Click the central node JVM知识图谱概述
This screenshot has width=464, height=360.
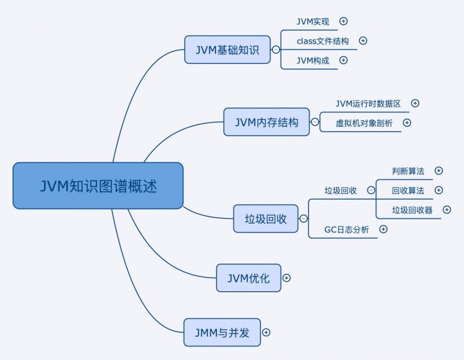tap(98, 186)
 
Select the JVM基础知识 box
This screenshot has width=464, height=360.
tap(227, 50)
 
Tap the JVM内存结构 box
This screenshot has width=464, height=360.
tap(266, 122)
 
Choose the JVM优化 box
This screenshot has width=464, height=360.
tap(248, 278)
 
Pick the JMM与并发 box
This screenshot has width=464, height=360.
tap(222, 332)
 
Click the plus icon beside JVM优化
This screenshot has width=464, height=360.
tap(287, 278)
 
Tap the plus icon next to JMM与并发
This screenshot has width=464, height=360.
tap(266, 332)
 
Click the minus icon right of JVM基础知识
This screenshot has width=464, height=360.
tap(276, 50)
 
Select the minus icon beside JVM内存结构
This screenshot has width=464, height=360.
tap(315, 122)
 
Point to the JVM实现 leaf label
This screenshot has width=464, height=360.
tap(313, 21)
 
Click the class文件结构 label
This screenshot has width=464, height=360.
tap(322, 41)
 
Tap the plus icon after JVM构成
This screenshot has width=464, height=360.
tap(343, 60)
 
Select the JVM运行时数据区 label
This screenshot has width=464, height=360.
tap(368, 103)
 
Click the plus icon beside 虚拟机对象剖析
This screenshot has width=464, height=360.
tap(407, 123)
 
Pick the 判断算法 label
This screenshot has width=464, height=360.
tap(408, 171)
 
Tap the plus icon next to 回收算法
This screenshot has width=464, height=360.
tap(438, 190)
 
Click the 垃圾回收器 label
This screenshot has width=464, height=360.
tap(412, 210)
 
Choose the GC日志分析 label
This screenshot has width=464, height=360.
tap(346, 229)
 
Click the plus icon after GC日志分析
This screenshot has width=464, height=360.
tap(383, 229)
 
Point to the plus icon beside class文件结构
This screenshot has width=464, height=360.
tap(363, 41)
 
